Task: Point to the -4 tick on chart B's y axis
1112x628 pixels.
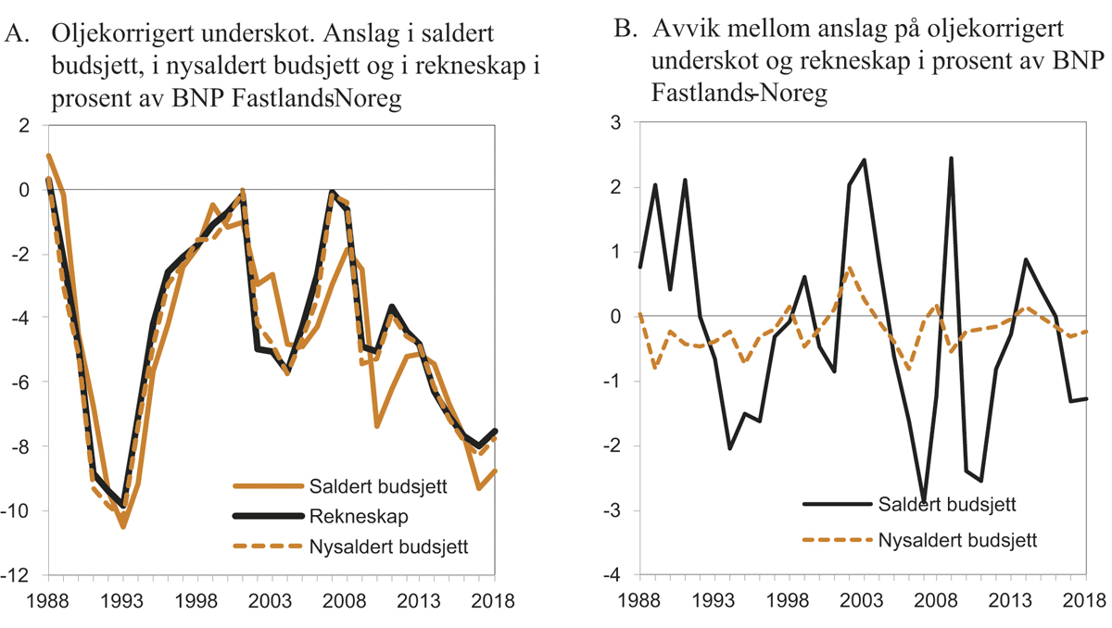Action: click(612, 575)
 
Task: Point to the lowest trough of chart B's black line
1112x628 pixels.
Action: click(922, 501)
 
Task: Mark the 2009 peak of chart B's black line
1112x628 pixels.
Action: click(951, 158)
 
